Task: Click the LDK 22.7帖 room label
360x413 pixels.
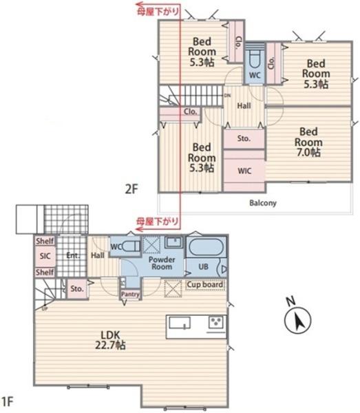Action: click(x=110, y=340)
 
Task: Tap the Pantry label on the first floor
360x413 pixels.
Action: click(x=130, y=294)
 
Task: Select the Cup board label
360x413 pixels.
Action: click(x=205, y=285)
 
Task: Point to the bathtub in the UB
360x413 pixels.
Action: click(x=207, y=247)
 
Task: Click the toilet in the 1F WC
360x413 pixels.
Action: click(x=131, y=246)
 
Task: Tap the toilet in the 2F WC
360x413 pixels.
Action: click(x=255, y=59)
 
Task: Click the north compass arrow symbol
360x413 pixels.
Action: click(x=298, y=319)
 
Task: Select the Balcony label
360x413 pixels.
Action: click(x=263, y=203)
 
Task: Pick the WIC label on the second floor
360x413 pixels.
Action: click(x=244, y=171)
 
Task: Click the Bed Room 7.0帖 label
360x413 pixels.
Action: click(x=308, y=142)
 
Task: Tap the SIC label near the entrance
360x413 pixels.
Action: click(x=45, y=256)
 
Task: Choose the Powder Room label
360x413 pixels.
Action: click(x=162, y=263)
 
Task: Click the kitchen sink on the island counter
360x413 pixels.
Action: click(x=180, y=323)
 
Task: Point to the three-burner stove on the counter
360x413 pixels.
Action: click(x=216, y=321)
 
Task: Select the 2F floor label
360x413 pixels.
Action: click(x=131, y=189)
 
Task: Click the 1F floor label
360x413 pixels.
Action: click(x=7, y=401)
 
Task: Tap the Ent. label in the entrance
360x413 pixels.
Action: click(x=73, y=255)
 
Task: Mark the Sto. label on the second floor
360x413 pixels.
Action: click(x=244, y=138)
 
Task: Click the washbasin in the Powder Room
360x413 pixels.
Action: click(x=174, y=242)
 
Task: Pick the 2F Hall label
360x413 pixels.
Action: click(x=244, y=106)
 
